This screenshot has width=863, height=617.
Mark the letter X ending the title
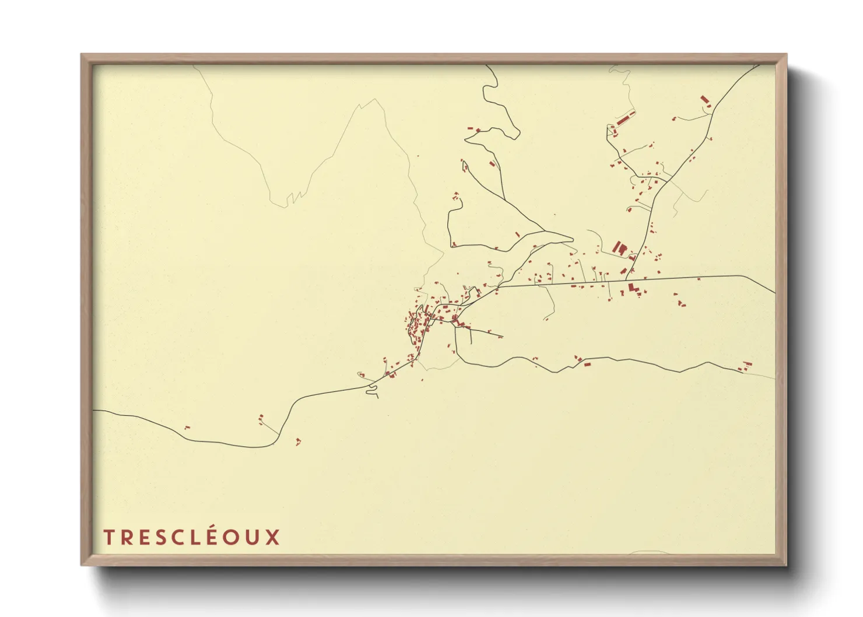pos(273,537)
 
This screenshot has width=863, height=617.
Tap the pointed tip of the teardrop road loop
pos(573,239)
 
